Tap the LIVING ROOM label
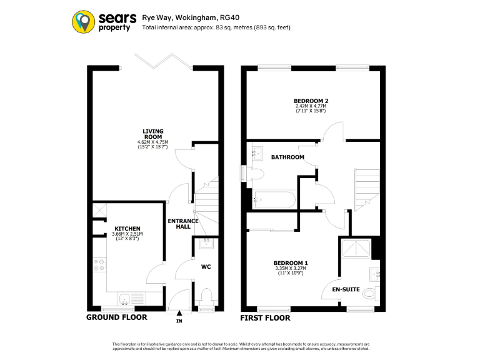click(x=153, y=134)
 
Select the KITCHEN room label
click(x=127, y=229)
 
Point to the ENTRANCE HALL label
click(x=183, y=224)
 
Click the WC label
click(x=206, y=267)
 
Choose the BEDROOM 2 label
click(x=311, y=101)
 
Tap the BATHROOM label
click(x=287, y=157)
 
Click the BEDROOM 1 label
click(x=290, y=262)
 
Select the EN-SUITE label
click(x=344, y=289)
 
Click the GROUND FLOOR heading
click(x=117, y=317)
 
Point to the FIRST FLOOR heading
click(x=266, y=318)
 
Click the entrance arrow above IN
click(x=179, y=313)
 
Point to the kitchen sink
click(x=125, y=300)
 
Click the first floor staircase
click(x=364, y=184)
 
